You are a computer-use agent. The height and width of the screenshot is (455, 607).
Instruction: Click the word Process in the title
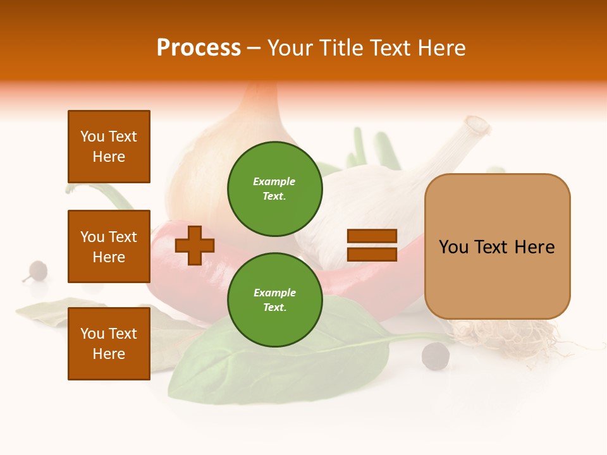[199, 48]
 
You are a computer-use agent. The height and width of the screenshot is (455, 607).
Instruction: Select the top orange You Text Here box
[109, 147]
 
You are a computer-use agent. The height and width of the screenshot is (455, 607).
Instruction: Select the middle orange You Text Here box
[109, 246]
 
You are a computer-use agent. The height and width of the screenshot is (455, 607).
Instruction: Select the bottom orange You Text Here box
[109, 343]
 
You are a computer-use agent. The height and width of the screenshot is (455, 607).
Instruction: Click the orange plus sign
[195, 245]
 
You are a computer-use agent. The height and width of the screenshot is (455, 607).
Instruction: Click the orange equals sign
[372, 245]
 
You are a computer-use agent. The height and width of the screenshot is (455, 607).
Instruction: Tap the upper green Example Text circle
[274, 188]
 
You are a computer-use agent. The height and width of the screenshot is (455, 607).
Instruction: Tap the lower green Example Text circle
[274, 300]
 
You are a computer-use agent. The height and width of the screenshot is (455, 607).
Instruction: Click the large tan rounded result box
[497, 246]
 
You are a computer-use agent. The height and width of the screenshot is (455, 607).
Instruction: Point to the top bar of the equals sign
[372, 236]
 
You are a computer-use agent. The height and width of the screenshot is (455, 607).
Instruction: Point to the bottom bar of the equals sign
[372, 254]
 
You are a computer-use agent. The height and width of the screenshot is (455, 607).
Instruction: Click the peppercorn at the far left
[37, 270]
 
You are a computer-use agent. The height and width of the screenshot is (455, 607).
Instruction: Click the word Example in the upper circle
[274, 181]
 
